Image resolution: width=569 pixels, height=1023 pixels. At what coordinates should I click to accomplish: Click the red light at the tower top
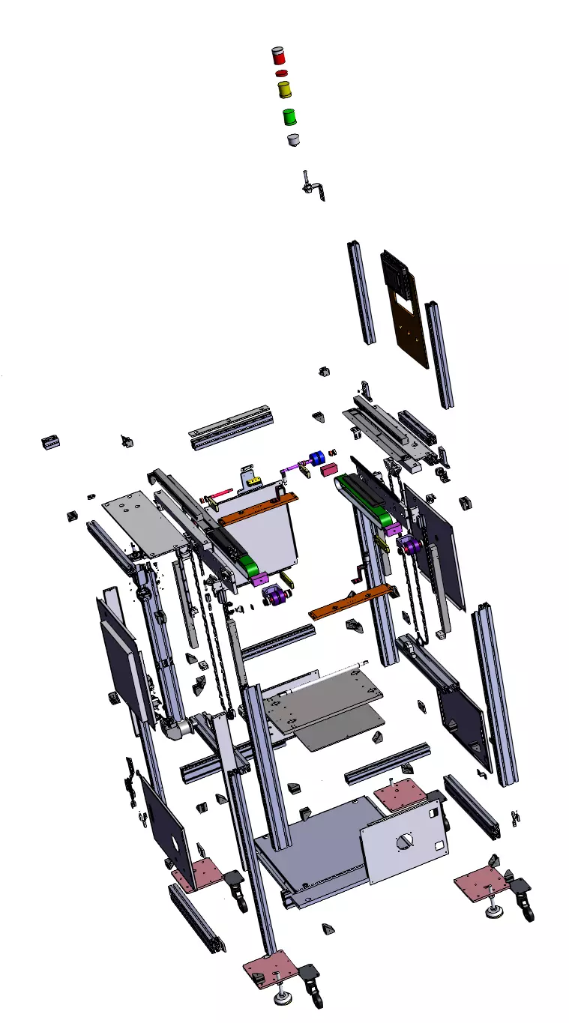coord(278,56)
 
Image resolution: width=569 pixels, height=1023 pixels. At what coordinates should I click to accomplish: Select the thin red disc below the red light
coord(281,73)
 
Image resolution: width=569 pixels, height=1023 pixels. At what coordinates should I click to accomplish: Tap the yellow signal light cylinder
coord(284,89)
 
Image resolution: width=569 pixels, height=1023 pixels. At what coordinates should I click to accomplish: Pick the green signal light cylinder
coord(289,116)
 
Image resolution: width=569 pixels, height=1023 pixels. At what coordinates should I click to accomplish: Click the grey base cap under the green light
coord(293,139)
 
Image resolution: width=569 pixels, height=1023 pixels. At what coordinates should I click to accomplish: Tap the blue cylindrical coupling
coord(316,458)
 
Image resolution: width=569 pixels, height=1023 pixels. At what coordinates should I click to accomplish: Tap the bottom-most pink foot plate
coord(270,968)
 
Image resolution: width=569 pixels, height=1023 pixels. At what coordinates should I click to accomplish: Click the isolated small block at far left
coord(49,443)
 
